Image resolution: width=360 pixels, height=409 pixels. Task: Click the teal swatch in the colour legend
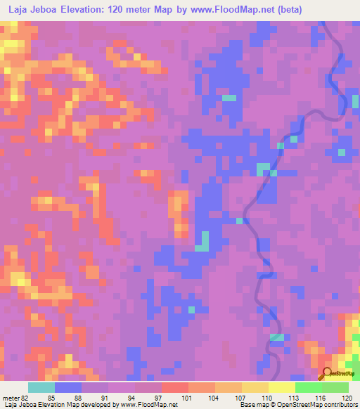(x=41, y=387)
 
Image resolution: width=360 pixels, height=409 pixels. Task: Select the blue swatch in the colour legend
(x=68, y=387)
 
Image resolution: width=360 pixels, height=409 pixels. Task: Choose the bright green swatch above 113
(x=308, y=387)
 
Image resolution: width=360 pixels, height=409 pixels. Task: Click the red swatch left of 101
(x=175, y=387)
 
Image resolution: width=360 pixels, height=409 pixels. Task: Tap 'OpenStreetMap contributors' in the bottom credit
(x=320, y=405)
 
